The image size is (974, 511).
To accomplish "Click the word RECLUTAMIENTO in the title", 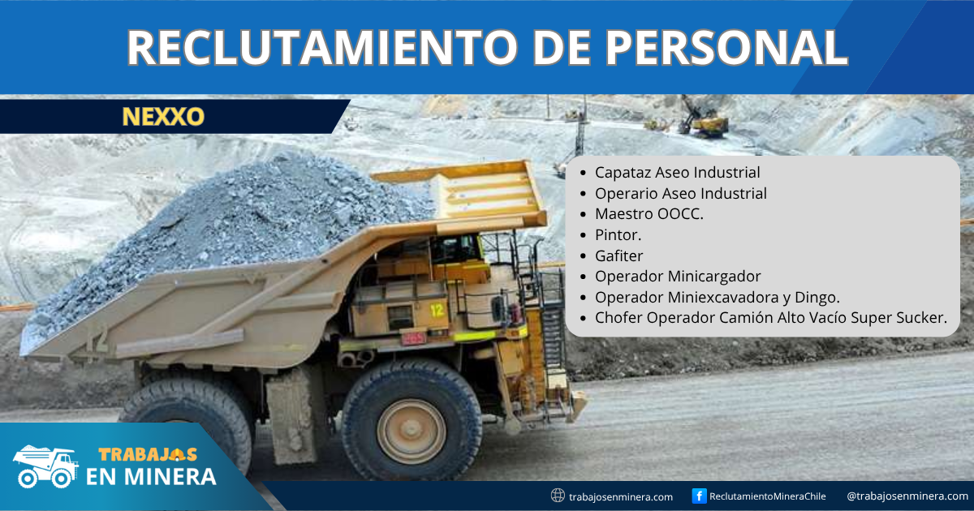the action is tap(322, 47).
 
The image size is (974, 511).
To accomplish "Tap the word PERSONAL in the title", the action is tap(726, 47).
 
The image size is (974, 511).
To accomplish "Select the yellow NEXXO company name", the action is tap(163, 117).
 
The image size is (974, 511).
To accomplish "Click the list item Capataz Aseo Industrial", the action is tap(677, 173).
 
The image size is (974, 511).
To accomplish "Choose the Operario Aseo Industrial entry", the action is tap(680, 193).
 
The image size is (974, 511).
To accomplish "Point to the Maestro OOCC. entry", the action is tap(649, 214).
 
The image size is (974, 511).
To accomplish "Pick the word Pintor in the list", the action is tap(616, 235).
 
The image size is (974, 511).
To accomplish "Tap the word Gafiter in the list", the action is tap(618, 256).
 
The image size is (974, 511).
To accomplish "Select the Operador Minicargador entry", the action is tap(678, 277).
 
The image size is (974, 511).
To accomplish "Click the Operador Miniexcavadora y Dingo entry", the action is tap(717, 297).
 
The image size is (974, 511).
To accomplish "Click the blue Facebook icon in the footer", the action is tap(699, 496).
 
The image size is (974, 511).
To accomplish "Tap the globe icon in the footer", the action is tap(558, 496).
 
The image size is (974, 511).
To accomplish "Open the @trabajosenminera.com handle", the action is tap(907, 496).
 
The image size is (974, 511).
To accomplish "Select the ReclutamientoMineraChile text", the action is tap(768, 496).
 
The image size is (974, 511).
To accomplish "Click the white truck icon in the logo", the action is tap(45, 466).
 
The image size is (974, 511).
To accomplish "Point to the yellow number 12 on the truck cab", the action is tap(437, 310).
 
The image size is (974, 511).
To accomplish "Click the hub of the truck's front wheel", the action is tap(411, 430).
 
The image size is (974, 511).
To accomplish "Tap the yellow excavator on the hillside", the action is tap(705, 118).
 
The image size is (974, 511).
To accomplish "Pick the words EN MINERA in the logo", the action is tap(151, 476).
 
